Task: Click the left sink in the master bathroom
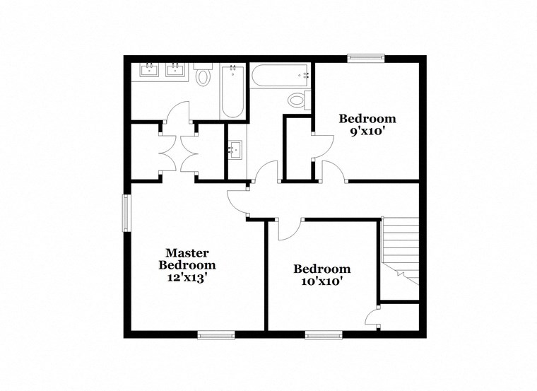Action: click(x=149, y=69)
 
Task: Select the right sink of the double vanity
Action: click(x=174, y=69)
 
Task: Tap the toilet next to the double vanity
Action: click(x=204, y=75)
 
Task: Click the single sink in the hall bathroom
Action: click(x=235, y=149)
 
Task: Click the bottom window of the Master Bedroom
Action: click(x=216, y=334)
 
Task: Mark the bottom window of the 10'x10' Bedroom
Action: click(x=324, y=334)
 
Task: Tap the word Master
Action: click(x=187, y=252)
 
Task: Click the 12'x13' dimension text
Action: click(x=187, y=278)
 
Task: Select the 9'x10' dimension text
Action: click(x=367, y=132)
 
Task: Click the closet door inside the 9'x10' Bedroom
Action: click(x=321, y=142)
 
